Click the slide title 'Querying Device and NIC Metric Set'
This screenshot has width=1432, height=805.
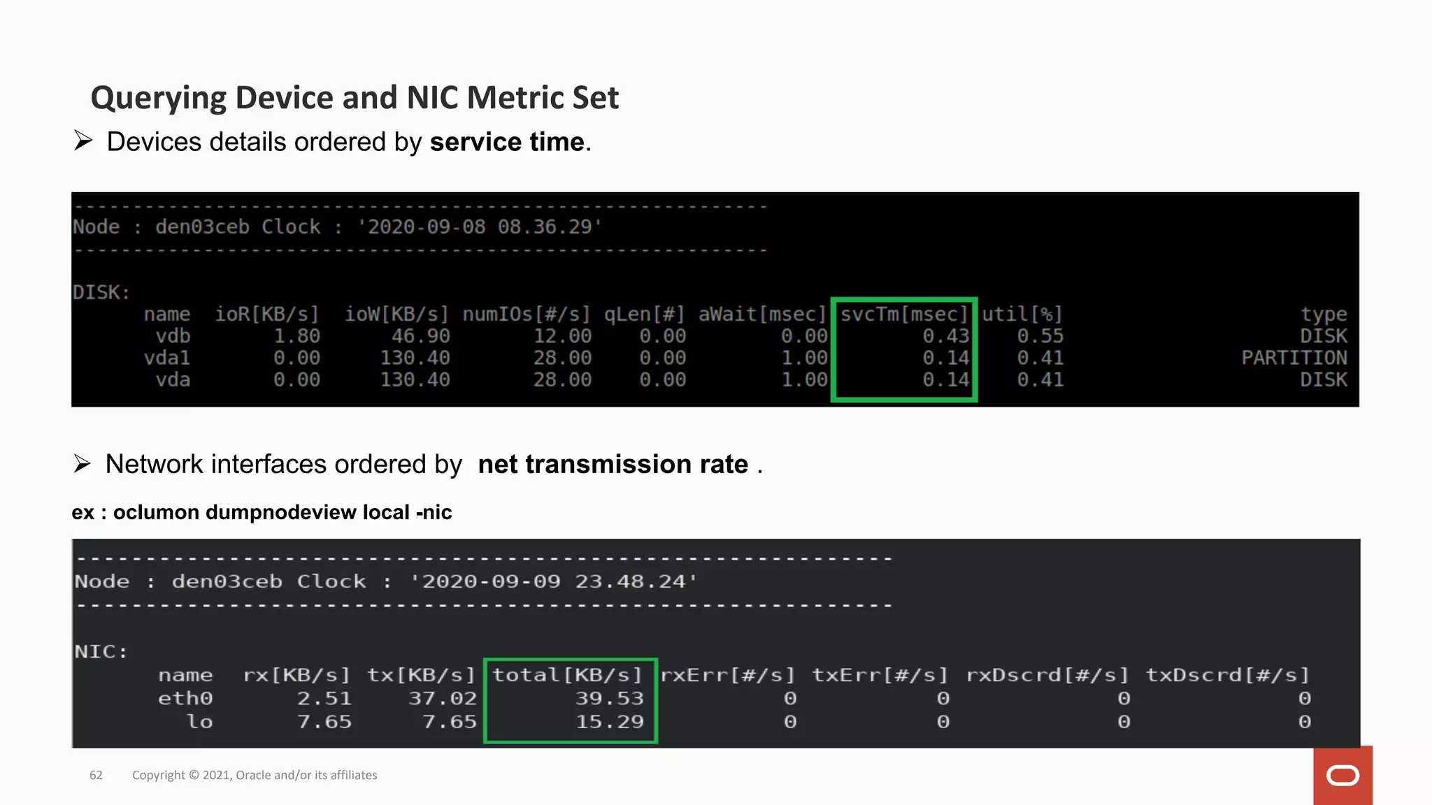(355, 98)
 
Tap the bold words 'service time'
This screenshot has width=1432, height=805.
(507, 142)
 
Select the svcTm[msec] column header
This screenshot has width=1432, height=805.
(903, 314)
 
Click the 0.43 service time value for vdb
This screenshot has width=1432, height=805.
(945, 336)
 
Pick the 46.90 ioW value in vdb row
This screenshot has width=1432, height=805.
(420, 336)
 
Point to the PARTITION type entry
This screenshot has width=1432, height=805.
(1294, 358)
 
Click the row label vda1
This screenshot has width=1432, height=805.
(167, 358)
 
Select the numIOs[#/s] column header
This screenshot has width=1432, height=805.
(527, 314)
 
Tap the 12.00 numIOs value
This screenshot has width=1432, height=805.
(562, 336)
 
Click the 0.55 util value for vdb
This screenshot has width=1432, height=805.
(1040, 336)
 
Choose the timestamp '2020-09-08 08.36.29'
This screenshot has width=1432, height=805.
(480, 227)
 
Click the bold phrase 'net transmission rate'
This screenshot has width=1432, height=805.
(613, 465)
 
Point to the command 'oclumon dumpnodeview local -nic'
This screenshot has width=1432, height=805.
(282, 512)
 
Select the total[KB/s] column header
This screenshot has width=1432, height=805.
(567, 675)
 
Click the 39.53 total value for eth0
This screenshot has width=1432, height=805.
(609, 698)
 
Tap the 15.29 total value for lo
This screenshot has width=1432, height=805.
(609, 722)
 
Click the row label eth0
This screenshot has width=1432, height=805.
(185, 698)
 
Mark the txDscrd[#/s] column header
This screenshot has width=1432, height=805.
(1227, 675)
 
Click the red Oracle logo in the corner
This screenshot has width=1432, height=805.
(1342, 776)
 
